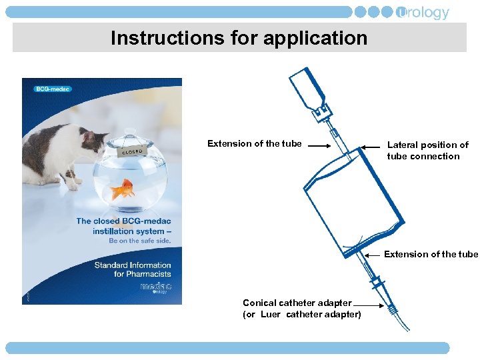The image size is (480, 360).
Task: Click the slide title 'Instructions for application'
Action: point(239,38)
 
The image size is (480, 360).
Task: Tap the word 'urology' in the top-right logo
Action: point(424,13)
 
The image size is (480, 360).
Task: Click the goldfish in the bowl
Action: point(123,190)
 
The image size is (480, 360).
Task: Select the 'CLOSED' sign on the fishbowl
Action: point(133,151)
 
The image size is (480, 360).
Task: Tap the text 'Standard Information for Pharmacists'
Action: point(133,269)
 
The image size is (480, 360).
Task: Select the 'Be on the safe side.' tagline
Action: point(140,241)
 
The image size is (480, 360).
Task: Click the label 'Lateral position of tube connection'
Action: point(427,151)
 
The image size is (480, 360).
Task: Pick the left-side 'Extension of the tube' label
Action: point(254,143)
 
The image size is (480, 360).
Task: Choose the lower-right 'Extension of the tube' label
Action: point(431,254)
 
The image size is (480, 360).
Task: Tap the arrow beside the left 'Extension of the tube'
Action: point(319,145)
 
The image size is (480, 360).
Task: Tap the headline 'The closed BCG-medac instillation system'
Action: point(123,226)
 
